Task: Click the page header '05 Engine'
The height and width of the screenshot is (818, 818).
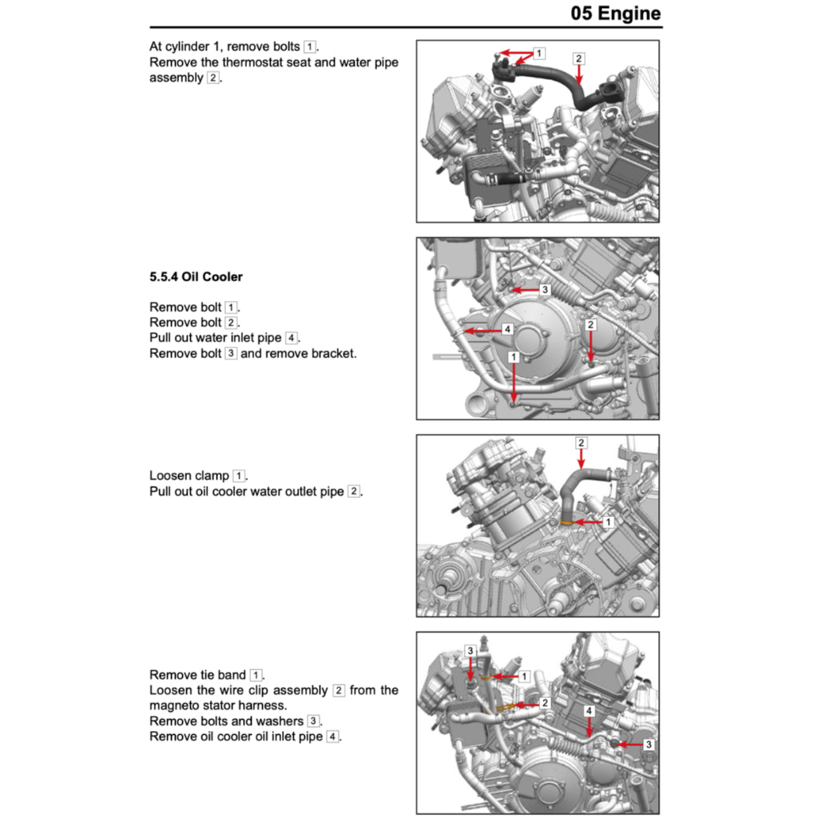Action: click(x=616, y=14)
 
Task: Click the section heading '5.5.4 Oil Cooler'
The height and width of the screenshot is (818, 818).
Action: click(x=196, y=277)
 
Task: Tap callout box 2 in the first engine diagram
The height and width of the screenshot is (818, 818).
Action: click(x=578, y=58)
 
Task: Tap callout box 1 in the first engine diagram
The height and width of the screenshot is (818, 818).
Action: click(x=539, y=54)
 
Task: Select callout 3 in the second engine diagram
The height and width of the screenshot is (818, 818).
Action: click(x=544, y=289)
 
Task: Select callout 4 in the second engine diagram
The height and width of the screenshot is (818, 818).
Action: click(x=506, y=329)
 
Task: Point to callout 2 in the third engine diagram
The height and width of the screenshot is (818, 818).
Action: click(x=581, y=443)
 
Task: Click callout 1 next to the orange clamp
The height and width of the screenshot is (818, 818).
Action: click(x=607, y=522)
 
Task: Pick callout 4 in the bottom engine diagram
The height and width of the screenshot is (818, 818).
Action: click(x=589, y=709)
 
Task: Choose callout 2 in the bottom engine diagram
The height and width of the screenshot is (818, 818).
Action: click(x=544, y=703)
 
